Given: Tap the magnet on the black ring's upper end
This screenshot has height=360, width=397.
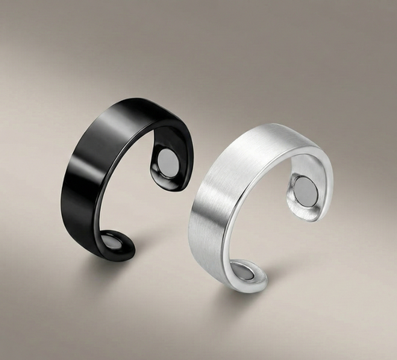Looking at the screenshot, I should click(x=168, y=165).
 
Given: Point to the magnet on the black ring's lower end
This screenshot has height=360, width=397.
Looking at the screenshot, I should click(x=112, y=243).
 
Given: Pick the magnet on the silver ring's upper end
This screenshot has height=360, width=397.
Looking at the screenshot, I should click(x=303, y=190).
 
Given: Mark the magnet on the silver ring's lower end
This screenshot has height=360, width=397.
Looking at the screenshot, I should click(x=244, y=273).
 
